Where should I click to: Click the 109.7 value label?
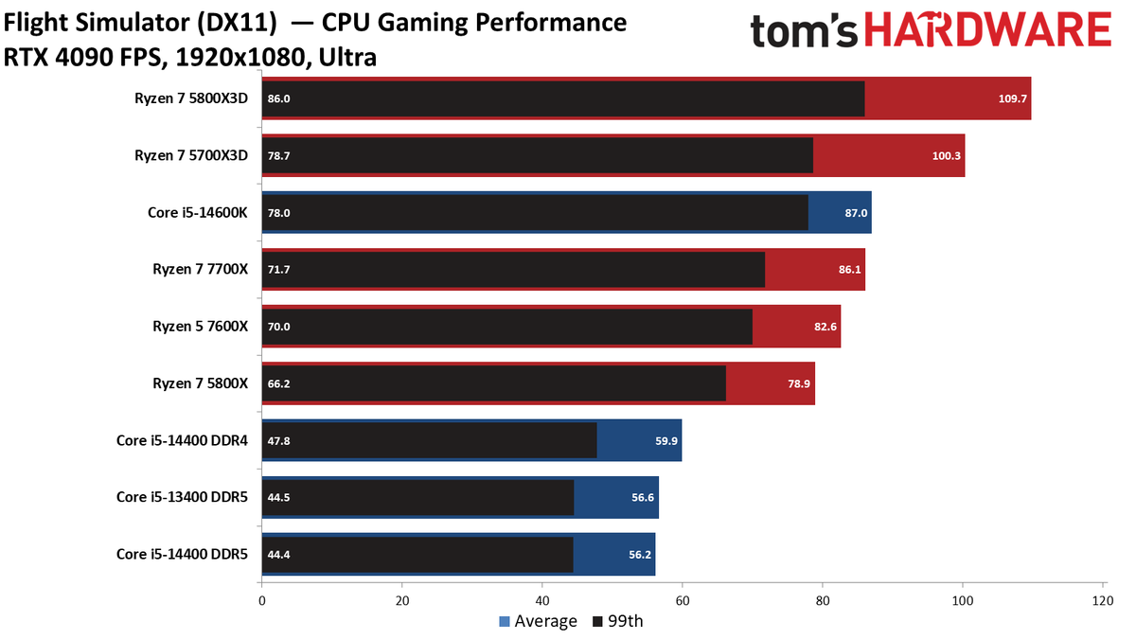click(x=1012, y=98)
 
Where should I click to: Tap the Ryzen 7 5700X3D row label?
click(x=191, y=155)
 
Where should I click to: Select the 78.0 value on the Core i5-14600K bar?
click(x=279, y=213)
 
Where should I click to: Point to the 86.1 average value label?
click(x=849, y=269)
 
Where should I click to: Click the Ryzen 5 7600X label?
click(x=201, y=326)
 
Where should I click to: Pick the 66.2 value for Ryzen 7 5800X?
click(x=279, y=383)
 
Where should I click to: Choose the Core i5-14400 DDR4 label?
click(x=182, y=440)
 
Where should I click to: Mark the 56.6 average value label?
click(x=643, y=497)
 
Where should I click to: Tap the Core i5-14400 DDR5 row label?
click(x=182, y=554)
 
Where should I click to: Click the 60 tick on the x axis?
click(x=683, y=601)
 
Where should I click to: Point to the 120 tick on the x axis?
click(x=1103, y=601)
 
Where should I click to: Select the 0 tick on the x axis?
click(x=261, y=601)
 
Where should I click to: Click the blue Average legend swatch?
click(x=504, y=621)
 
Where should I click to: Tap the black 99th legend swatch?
click(x=597, y=621)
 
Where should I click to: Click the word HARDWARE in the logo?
click(x=988, y=30)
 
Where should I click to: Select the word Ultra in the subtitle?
click(x=347, y=58)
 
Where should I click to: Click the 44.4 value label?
click(x=279, y=555)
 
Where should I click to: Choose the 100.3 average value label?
click(x=947, y=155)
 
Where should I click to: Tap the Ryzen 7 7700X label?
click(x=201, y=269)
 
